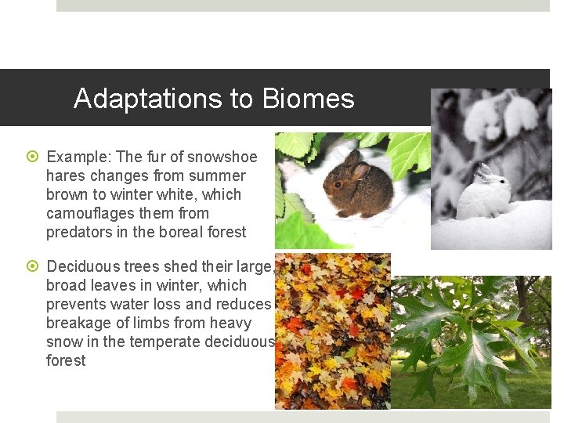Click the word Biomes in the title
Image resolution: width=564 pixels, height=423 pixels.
click(x=309, y=99)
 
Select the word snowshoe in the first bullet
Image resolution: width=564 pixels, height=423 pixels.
click(x=227, y=157)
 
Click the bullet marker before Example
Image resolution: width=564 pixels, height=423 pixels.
click(x=33, y=157)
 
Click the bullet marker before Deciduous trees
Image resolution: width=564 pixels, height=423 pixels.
click(x=33, y=267)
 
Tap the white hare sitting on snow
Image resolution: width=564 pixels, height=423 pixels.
click(x=483, y=194)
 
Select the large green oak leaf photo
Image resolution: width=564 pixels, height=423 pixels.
click(x=471, y=342)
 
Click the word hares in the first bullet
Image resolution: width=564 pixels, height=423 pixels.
click(x=65, y=175)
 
